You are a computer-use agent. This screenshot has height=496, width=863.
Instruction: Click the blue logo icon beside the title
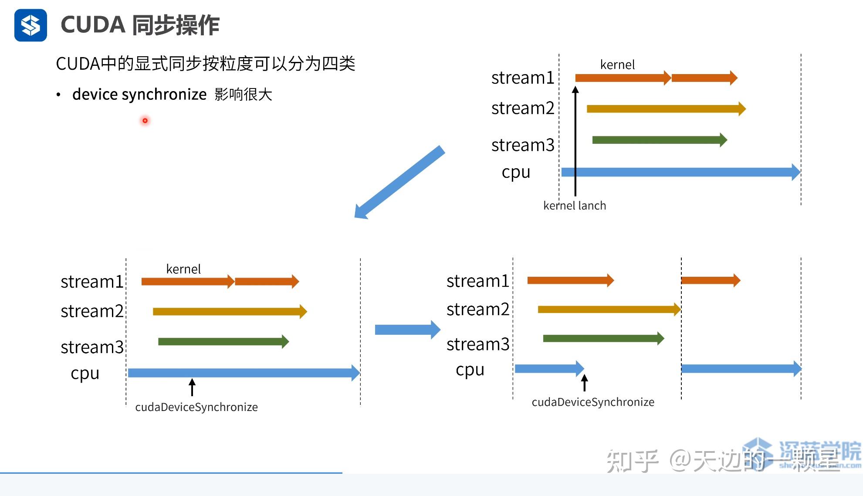30,25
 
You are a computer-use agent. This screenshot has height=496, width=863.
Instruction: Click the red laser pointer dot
145,121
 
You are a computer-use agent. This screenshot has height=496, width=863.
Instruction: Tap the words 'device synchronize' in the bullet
139,95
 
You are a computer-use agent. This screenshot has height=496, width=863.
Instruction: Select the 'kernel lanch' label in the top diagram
574,206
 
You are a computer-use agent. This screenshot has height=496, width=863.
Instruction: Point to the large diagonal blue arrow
399,182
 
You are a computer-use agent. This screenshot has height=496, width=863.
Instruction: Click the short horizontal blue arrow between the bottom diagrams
407,330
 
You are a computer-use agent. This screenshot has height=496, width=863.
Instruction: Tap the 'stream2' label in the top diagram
522,108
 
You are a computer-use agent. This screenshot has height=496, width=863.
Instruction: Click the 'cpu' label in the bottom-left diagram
85,374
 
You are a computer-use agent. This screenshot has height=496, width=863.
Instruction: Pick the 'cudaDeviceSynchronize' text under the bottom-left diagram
196,407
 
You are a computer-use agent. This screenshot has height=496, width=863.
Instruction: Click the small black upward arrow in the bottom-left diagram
192,387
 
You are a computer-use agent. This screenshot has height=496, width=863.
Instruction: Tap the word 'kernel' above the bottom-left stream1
183,269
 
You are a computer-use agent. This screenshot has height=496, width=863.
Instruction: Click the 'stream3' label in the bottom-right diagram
477,344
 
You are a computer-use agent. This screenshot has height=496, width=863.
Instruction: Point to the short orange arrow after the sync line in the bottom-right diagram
710,280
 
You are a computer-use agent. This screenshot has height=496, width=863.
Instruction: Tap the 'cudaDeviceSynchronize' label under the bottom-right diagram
592,402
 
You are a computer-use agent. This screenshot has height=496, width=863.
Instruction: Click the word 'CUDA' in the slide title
93,25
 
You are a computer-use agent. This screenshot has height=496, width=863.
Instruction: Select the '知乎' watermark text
632,461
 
